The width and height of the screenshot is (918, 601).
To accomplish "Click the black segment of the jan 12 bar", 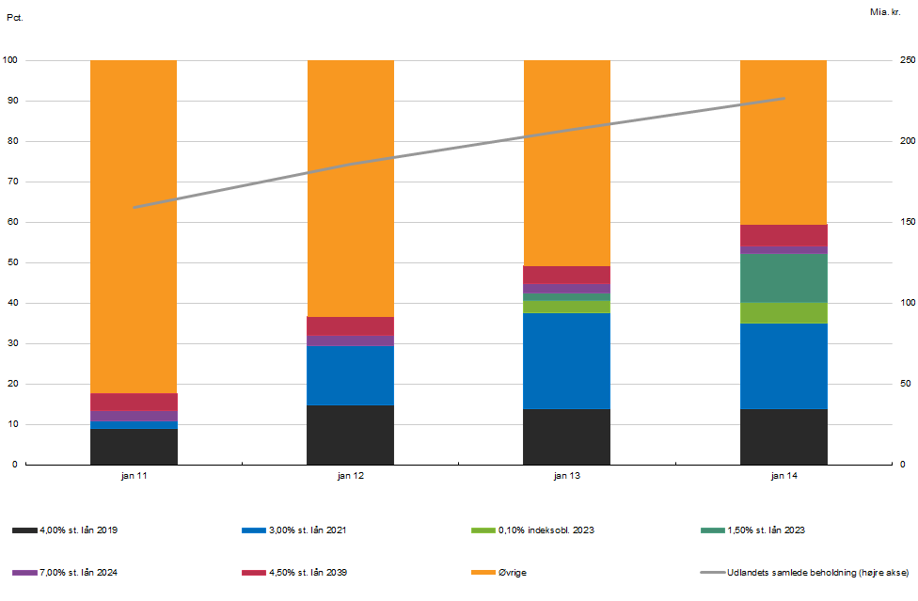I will (350, 435).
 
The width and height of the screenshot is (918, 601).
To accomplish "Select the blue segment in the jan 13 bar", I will (566, 361).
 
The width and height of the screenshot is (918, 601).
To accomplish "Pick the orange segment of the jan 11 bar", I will (134, 226).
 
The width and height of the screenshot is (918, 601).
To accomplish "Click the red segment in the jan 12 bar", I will (350, 325).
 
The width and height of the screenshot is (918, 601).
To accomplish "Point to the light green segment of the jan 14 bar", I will (783, 312).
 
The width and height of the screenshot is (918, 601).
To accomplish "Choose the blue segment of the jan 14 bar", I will (783, 366).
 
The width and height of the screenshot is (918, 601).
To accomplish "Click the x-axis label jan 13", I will (566, 477).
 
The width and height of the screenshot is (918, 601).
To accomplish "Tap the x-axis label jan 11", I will (134, 477).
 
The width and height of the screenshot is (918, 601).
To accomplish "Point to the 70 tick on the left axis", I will (12, 182).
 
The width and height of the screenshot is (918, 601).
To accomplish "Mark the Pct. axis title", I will (14, 17).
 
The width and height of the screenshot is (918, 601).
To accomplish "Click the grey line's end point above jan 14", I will (783, 98).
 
